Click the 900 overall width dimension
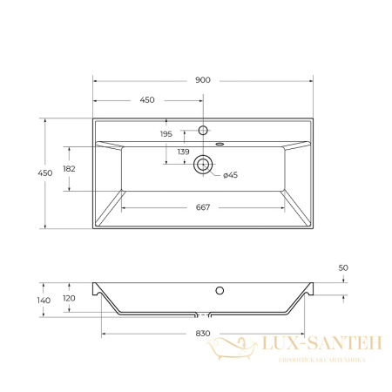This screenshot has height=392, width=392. point(202,80)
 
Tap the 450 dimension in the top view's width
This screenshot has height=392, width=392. point(147,99)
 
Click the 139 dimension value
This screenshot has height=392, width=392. point(184,152)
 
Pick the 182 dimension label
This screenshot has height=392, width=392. point(70,168)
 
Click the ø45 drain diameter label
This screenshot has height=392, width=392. point(230,176)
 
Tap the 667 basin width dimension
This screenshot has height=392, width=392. point(203,206)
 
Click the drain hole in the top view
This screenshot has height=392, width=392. point(203,163)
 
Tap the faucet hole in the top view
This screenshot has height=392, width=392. point(202,130)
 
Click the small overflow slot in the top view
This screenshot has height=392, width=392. point(220,144)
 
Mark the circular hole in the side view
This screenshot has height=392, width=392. point(220,290)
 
